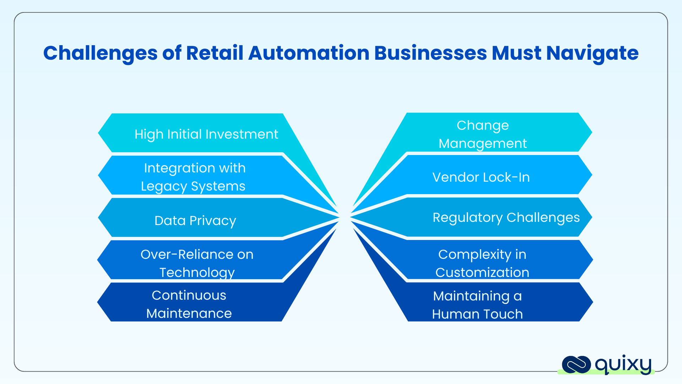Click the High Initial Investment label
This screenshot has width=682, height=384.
pos(206,134)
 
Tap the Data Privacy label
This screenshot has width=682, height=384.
pos(195,220)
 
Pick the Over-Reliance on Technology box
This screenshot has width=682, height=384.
pos(196,263)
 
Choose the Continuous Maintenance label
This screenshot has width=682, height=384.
pos(189,304)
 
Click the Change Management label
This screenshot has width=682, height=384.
pos(482,134)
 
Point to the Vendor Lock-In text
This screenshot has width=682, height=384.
pos(481,177)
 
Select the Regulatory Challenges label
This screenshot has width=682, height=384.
pos(506,217)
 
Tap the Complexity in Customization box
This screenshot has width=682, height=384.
pos(482,263)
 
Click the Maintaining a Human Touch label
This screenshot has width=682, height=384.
pos(477,305)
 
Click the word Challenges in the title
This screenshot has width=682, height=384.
pos(100,53)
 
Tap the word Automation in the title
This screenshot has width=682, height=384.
pos(309,53)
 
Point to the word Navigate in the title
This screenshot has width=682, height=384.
pos(592,53)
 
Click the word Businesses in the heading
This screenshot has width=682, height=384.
pos(431,53)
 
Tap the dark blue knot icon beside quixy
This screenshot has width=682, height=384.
pos(576,365)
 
